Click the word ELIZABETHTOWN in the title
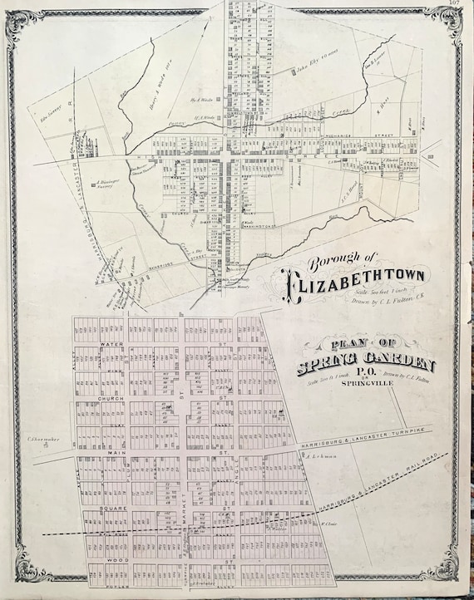pyautogui.click(x=358, y=288)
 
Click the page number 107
pyautogui.click(x=452, y=4)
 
